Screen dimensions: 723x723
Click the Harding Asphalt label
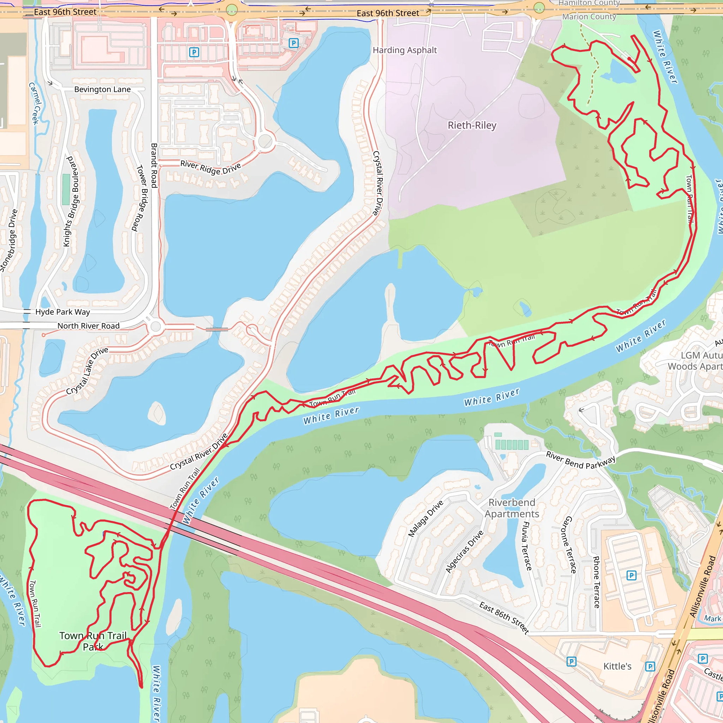pyautogui.click(x=405, y=50)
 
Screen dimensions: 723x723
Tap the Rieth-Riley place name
pyautogui.click(x=472, y=125)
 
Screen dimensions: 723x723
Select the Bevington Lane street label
pyautogui.click(x=102, y=89)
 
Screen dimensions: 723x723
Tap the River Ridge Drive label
pyautogui.click(x=211, y=167)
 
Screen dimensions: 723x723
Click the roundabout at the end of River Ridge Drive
pyautogui.click(x=265, y=141)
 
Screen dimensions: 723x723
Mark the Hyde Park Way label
pyautogui.click(x=62, y=312)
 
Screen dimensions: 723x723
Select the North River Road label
pyautogui.click(x=88, y=325)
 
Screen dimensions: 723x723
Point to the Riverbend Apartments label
pyautogui.click(x=512, y=508)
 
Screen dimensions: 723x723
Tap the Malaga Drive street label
pyautogui.click(x=425, y=518)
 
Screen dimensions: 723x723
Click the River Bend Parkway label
pyautogui.click(x=580, y=460)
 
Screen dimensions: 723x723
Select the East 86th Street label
pyautogui.click(x=504, y=617)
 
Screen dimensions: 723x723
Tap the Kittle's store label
pyautogui.click(x=617, y=666)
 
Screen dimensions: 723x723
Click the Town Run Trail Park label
pyautogui.click(x=93, y=641)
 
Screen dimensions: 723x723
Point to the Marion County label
pyautogui.click(x=589, y=17)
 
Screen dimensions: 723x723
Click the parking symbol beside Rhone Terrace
pyautogui.click(x=631, y=575)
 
